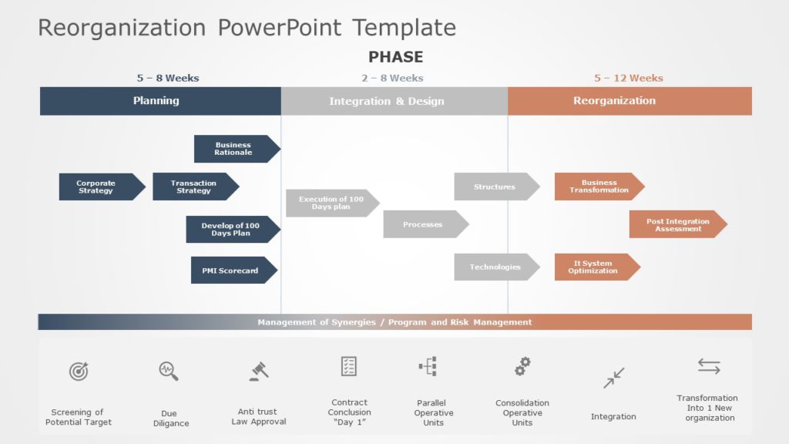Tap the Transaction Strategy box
click(194, 187)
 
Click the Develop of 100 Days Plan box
click(231, 229)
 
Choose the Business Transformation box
click(598, 187)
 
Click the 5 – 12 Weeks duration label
click(628, 78)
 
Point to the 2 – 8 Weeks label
click(392, 78)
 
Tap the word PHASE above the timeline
click(395, 57)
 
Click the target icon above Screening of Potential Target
click(79, 372)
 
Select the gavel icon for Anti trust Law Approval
click(259, 372)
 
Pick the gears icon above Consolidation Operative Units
click(522, 366)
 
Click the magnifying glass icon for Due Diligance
click(169, 371)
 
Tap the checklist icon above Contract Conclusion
click(349, 366)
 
